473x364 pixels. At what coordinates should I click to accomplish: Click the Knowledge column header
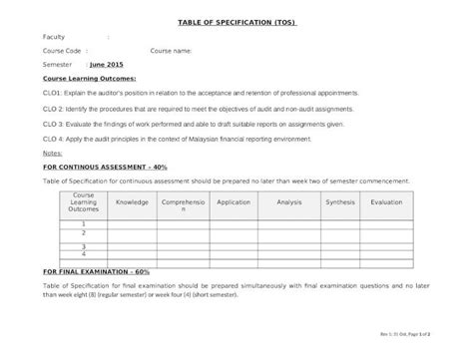tap(132, 201)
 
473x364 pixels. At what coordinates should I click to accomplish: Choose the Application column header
tap(234, 201)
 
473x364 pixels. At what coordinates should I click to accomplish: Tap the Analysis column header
tap(288, 201)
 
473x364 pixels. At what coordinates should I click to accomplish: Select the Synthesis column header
tap(339, 201)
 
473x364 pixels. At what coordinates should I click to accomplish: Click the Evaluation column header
tap(386, 201)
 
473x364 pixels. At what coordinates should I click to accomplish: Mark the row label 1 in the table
tap(83, 224)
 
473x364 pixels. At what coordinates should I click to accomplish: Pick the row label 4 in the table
tap(83, 253)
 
